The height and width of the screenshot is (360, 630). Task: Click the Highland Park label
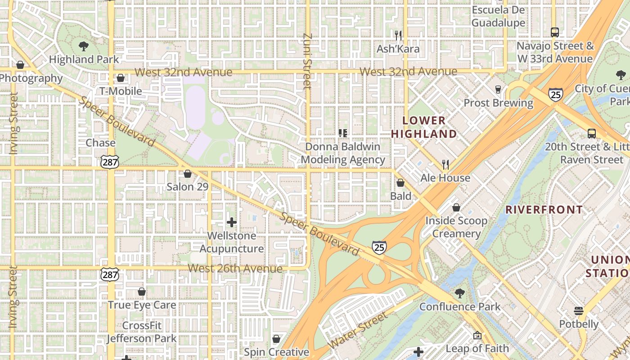(84, 59)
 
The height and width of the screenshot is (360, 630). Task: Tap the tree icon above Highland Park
(83, 45)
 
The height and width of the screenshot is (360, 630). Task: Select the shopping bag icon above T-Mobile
(121, 78)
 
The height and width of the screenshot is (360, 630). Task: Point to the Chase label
(101, 143)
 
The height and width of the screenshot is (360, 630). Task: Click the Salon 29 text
(187, 186)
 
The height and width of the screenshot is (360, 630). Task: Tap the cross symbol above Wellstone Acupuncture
(232, 222)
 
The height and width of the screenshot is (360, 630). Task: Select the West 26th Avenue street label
(235, 269)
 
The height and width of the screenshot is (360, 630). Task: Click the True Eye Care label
(142, 305)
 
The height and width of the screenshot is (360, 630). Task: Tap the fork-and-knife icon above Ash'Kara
(398, 35)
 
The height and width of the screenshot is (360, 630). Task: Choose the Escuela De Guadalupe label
(498, 17)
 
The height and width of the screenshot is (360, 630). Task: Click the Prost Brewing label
(498, 103)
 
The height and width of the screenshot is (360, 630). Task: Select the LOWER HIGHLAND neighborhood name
(424, 127)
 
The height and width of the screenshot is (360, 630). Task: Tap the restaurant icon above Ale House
(445, 164)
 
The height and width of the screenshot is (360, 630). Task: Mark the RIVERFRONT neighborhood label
(544, 210)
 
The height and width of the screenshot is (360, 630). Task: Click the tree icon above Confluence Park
(460, 293)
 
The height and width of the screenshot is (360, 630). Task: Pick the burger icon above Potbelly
(579, 311)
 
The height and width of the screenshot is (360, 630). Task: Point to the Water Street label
(357, 330)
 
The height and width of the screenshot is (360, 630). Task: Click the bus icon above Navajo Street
(555, 32)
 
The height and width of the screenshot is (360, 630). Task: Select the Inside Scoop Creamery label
(456, 227)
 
